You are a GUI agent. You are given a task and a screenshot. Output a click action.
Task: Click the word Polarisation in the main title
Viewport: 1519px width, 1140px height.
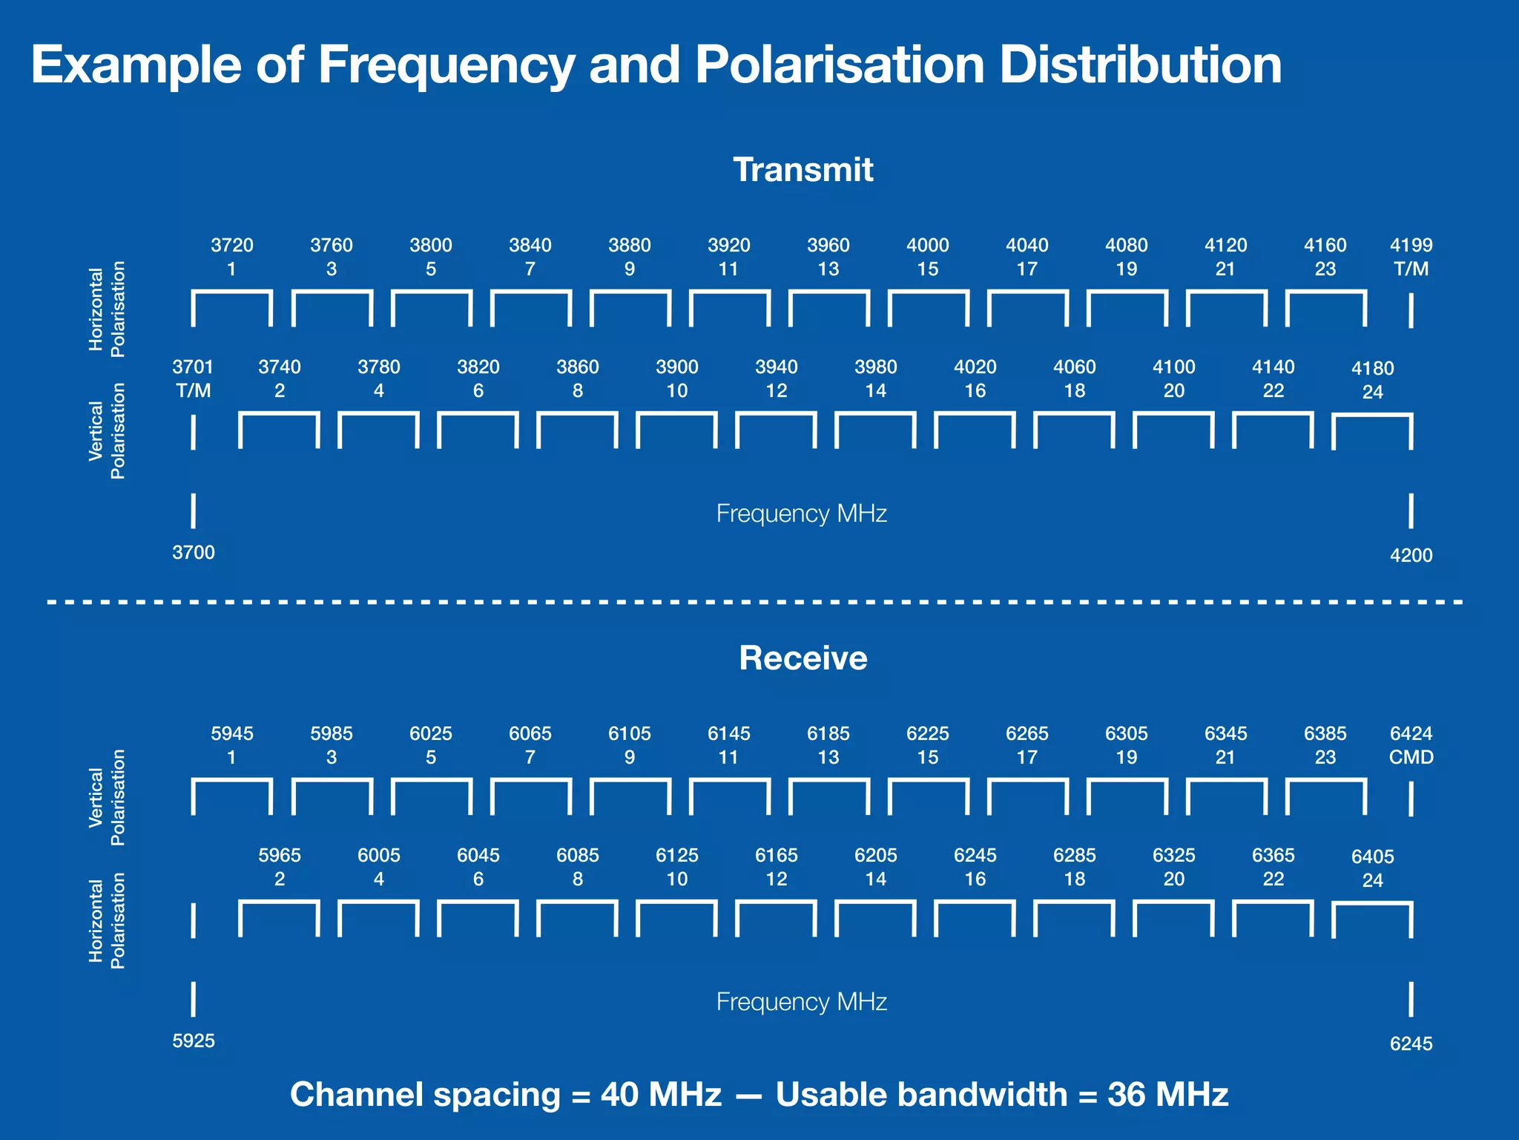coord(840,65)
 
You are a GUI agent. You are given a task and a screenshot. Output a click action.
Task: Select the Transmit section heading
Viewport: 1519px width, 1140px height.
coord(803,170)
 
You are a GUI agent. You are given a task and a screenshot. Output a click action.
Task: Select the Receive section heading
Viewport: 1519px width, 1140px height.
coord(803,658)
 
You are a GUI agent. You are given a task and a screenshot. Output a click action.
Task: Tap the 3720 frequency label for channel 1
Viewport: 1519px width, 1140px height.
coord(232,246)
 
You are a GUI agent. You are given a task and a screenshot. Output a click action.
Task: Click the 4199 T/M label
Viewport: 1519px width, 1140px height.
coord(1411,257)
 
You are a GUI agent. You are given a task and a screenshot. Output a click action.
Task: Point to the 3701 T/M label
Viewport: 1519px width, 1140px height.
coord(193,379)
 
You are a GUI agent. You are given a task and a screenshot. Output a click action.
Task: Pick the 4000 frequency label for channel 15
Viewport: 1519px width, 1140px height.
coord(928,246)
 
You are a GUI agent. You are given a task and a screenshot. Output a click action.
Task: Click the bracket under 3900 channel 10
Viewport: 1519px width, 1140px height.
coord(676,430)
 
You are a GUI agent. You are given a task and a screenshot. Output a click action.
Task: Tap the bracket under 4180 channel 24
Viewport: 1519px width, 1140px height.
coord(1372,431)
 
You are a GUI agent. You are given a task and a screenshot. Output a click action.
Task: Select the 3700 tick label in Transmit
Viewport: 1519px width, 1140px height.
coord(194,553)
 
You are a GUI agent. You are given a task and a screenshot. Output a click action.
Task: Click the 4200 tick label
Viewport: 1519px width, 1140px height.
coord(1411,556)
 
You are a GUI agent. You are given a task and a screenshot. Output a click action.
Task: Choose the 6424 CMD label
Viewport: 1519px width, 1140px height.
coord(1411,745)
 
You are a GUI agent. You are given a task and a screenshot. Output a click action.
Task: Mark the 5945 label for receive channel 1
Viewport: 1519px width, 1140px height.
coord(232,734)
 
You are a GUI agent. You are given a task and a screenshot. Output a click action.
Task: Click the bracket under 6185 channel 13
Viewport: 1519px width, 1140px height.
coord(828,796)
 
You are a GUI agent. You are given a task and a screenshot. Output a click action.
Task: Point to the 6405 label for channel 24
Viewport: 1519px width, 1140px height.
coord(1372,857)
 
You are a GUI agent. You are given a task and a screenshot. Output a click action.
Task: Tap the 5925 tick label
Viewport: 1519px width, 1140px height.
coord(194,1041)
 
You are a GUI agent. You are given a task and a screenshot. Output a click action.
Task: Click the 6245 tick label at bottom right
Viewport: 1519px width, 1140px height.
coord(1411,1044)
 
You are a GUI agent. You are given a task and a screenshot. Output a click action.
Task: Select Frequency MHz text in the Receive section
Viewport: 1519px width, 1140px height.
coord(802,1002)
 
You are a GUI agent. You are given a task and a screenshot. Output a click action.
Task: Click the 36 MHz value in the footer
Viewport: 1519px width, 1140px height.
coord(1167,1095)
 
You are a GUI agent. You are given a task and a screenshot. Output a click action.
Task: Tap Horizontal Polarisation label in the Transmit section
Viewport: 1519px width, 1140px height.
coord(107,309)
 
